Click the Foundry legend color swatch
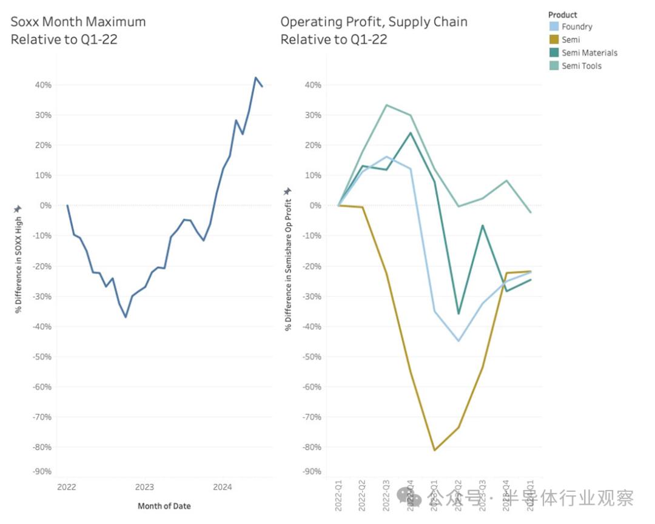point(553,27)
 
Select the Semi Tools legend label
point(582,65)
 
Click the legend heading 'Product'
point(563,15)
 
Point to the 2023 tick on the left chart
point(144,487)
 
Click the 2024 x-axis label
point(223,487)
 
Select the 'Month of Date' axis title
point(164,506)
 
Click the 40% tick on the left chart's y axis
point(42,85)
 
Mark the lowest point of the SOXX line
point(126,317)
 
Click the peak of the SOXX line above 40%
point(255,78)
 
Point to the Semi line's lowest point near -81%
point(434,450)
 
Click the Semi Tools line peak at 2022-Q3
point(386,105)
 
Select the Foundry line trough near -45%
point(458,341)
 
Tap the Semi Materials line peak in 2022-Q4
point(410,133)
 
